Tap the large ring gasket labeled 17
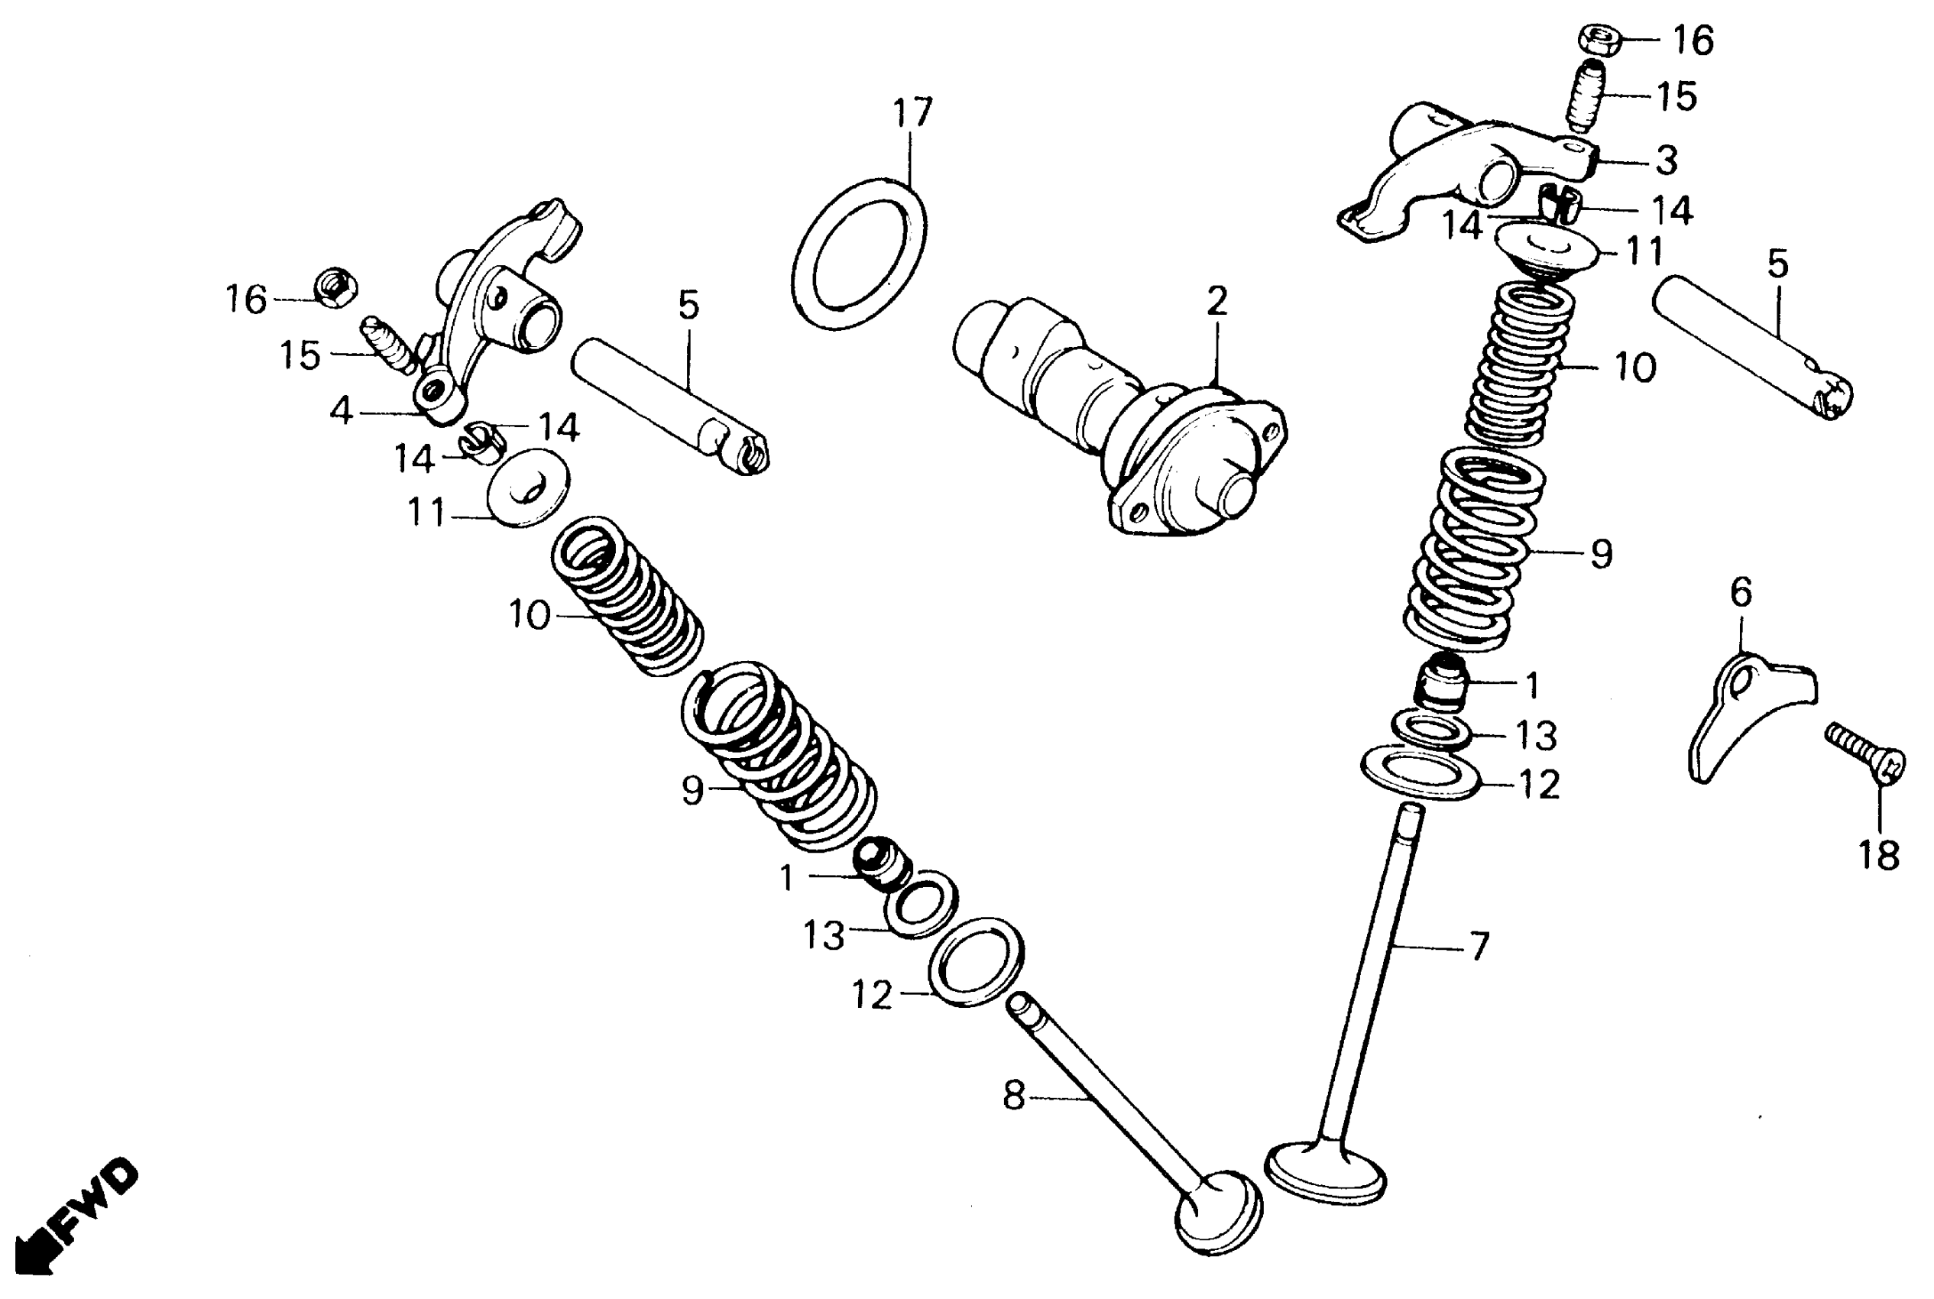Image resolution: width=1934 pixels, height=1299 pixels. [859, 253]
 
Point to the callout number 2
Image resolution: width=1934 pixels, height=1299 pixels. [1216, 303]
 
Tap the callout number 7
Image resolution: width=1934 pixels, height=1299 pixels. [1479, 946]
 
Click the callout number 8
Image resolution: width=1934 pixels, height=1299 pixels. [1014, 1095]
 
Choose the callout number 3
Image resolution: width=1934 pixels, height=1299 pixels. [1666, 160]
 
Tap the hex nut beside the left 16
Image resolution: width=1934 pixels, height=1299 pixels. [335, 287]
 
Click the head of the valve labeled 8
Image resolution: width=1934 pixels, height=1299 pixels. [1217, 1214]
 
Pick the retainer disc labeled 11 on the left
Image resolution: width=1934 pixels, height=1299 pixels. [527, 488]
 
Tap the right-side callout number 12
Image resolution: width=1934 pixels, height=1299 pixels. [1540, 784]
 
